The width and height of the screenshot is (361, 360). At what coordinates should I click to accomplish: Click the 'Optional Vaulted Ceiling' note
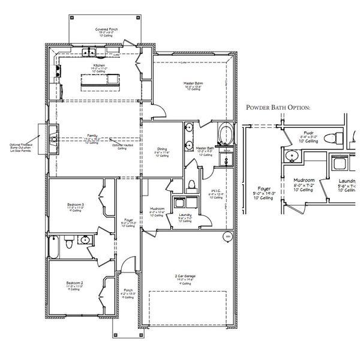tap(122, 146)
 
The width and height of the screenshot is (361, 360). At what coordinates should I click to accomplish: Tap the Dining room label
tap(162, 151)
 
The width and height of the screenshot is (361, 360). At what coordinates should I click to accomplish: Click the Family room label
tap(92, 138)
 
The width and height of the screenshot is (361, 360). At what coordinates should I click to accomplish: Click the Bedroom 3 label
tap(75, 207)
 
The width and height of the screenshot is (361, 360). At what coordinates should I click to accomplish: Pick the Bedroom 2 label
tap(74, 283)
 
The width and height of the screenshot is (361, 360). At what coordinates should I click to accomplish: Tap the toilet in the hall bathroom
tap(70, 244)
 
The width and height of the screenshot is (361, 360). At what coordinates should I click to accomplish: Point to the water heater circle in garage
tap(227, 238)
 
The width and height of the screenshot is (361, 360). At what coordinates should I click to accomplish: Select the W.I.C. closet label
tap(215, 191)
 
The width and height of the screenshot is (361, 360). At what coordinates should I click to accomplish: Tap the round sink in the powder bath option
tap(293, 157)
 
